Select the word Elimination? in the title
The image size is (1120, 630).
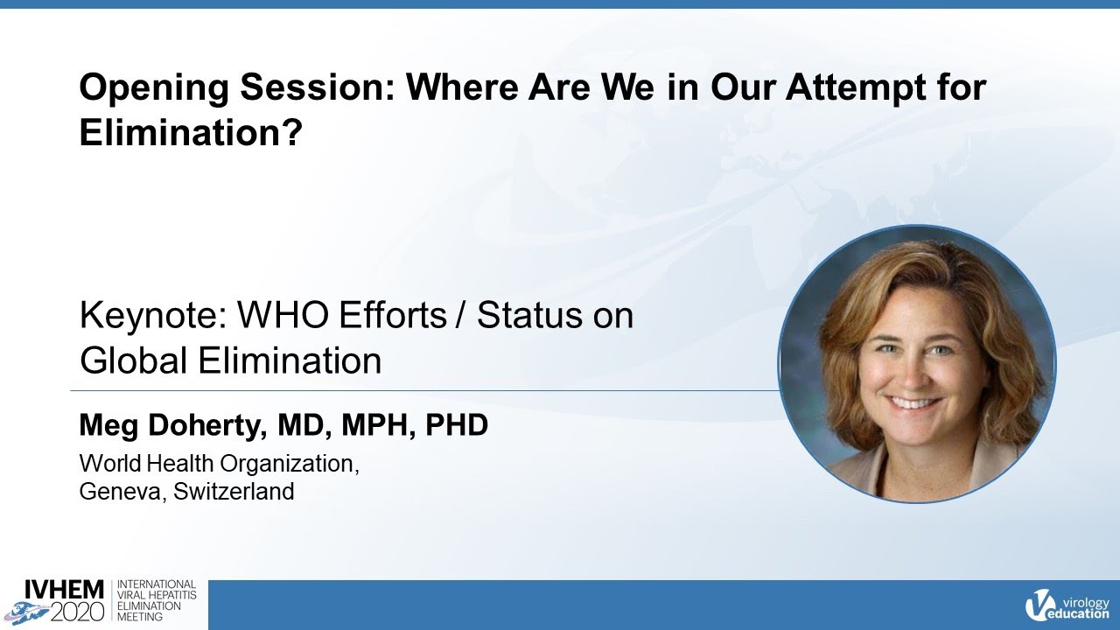click(x=191, y=132)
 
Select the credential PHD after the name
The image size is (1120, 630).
click(x=456, y=426)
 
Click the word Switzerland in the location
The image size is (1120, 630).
click(x=234, y=491)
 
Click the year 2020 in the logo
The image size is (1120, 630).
click(x=76, y=610)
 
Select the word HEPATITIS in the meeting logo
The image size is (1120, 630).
click(x=172, y=594)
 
